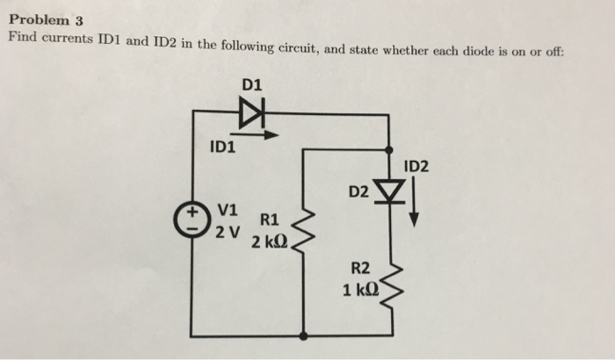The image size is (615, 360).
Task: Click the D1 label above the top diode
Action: tap(251, 84)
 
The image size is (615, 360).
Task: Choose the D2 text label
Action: tap(359, 191)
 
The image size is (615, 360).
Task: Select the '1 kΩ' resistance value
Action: tap(361, 291)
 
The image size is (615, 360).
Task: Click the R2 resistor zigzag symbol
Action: tap(388, 283)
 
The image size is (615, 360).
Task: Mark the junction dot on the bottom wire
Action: tap(303, 335)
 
